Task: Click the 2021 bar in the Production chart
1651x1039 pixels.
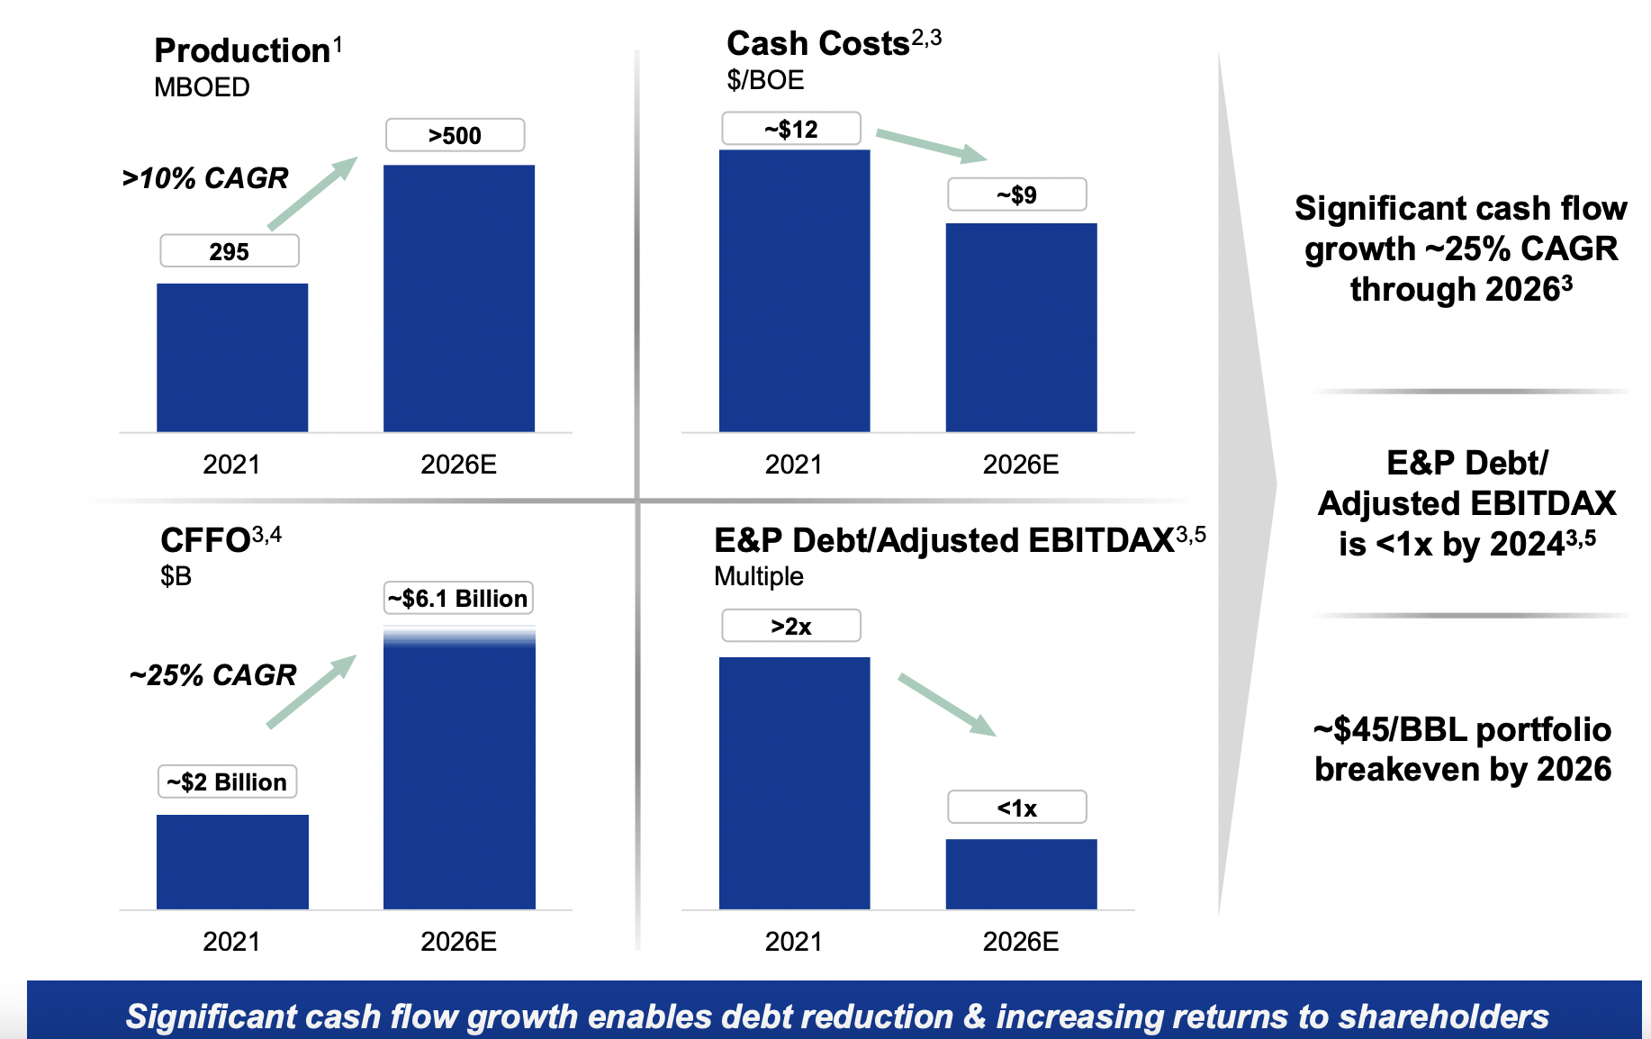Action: click(232, 357)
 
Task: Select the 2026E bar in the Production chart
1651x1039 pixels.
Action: click(459, 298)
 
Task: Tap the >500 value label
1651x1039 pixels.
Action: click(455, 135)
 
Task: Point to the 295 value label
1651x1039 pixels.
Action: click(229, 251)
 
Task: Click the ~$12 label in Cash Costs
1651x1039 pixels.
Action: click(790, 129)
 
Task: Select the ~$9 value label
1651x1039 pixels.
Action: click(1016, 194)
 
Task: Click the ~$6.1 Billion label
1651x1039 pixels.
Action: click(458, 599)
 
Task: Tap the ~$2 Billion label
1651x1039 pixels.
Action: click(227, 782)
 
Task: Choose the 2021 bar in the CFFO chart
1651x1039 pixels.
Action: click(232, 862)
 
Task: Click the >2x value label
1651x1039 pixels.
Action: click(790, 626)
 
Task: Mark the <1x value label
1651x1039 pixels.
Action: click(1016, 808)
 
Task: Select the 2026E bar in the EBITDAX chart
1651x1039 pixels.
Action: click(1021, 873)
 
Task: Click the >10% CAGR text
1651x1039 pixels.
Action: click(205, 178)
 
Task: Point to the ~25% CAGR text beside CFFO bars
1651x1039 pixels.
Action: click(212, 674)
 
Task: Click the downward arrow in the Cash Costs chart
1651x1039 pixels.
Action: click(931, 145)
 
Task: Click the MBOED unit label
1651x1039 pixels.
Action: click(202, 87)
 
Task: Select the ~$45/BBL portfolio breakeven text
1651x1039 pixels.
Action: click(1462, 749)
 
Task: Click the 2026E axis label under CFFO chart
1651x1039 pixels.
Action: click(458, 942)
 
